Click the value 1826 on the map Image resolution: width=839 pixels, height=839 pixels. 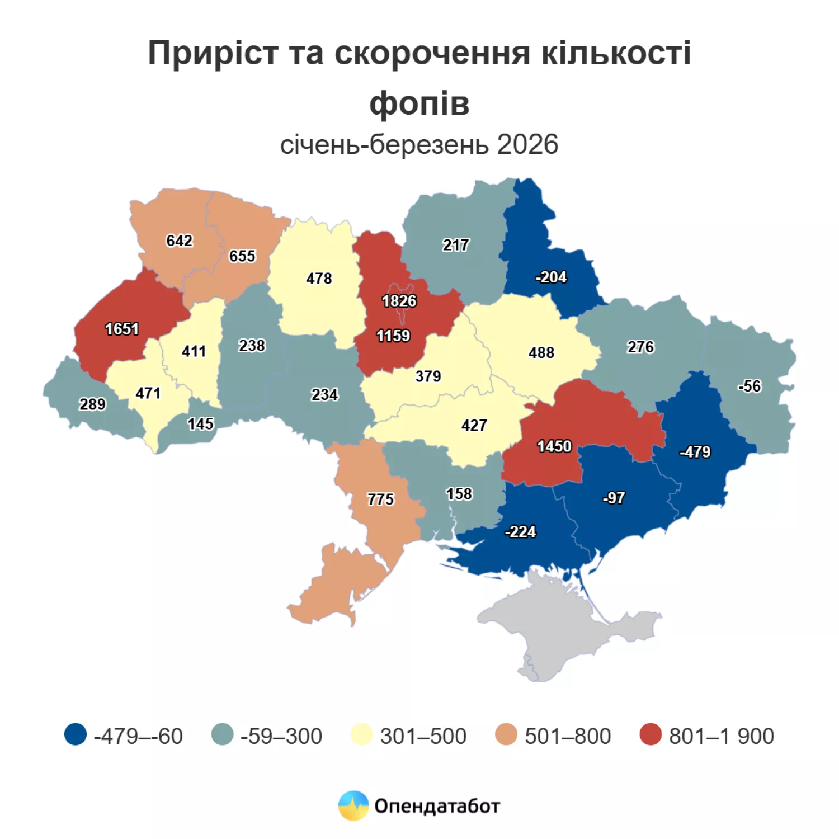pyautogui.click(x=399, y=301)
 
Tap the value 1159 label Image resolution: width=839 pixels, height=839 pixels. pyautogui.click(x=393, y=336)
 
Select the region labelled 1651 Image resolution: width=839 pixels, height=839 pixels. pyautogui.click(x=122, y=329)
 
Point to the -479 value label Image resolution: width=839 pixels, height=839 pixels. pyautogui.click(x=695, y=451)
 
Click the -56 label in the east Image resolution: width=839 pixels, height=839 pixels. pyautogui.click(x=750, y=386)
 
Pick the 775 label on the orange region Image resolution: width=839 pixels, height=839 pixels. pyautogui.click(x=380, y=499)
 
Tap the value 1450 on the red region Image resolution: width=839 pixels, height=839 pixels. pyautogui.click(x=554, y=446)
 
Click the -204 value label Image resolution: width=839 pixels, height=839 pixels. pyautogui.click(x=551, y=277)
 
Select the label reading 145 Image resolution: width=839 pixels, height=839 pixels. pyautogui.click(x=200, y=424)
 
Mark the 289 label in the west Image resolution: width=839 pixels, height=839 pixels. pyautogui.click(x=92, y=404)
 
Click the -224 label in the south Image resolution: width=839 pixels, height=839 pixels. pyautogui.click(x=520, y=531)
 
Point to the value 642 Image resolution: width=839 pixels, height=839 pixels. pyautogui.click(x=179, y=241)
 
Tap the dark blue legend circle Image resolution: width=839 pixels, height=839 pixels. pyautogui.click(x=76, y=734)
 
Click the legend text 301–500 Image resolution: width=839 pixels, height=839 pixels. pyautogui.click(x=423, y=736)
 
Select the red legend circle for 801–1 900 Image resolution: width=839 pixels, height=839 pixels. pyautogui.click(x=651, y=734)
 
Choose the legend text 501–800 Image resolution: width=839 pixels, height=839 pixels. pyautogui.click(x=567, y=736)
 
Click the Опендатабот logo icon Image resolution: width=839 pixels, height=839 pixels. pyautogui.click(x=353, y=806)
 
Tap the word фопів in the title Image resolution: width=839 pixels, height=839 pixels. pyautogui.click(x=419, y=103)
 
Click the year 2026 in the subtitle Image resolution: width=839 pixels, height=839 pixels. pyautogui.click(x=527, y=144)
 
